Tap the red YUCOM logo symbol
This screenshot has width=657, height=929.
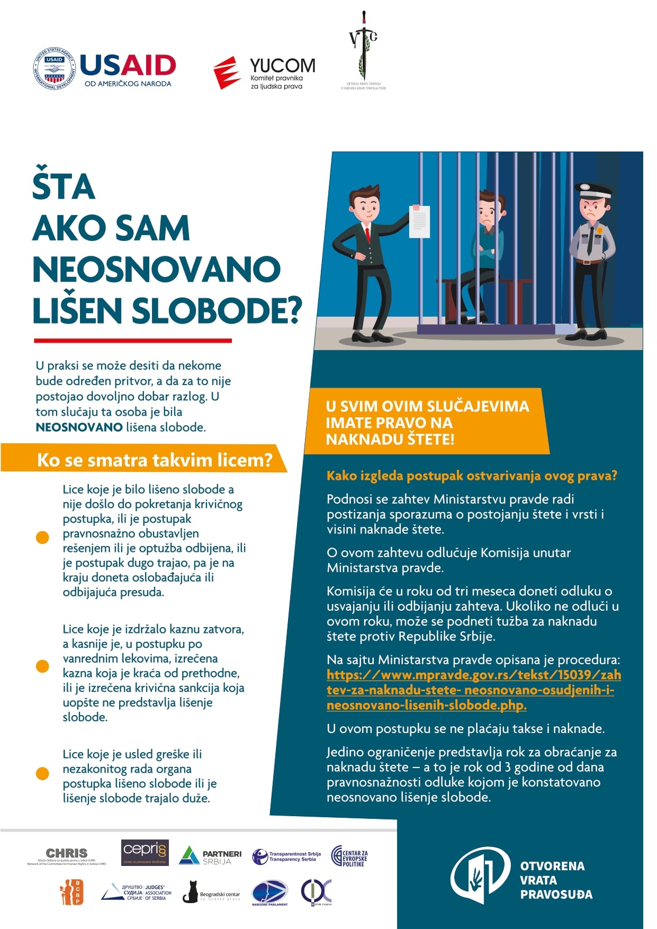[x=227, y=73]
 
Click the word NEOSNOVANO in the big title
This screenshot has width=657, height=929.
[x=157, y=270]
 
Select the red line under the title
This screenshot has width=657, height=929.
[x=133, y=341]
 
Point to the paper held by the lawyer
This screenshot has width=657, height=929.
[x=419, y=221]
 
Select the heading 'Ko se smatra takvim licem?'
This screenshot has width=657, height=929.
[x=154, y=460]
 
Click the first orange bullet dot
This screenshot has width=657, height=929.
[x=42, y=537]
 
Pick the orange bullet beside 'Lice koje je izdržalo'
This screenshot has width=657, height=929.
[x=42, y=666]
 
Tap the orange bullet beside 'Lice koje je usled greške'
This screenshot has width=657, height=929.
[x=42, y=773]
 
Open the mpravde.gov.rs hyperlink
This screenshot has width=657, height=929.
[x=473, y=690]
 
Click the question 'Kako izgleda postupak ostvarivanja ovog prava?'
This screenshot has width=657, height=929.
[x=472, y=476]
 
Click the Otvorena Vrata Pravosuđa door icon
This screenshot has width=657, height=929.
[x=480, y=877]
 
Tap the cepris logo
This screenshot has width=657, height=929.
[x=145, y=852]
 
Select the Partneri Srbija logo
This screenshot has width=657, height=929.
[x=210, y=856]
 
